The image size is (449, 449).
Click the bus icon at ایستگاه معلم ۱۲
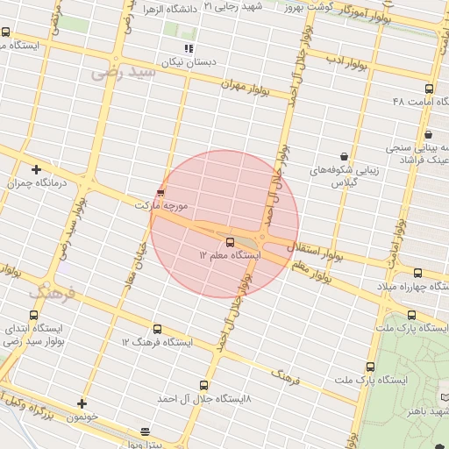tap(230, 241)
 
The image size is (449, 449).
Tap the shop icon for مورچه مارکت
tap(160, 191)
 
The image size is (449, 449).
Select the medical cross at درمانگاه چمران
tap(36, 169)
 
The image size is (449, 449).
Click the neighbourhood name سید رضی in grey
tap(123, 73)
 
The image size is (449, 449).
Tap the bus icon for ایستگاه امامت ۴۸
tap(428, 89)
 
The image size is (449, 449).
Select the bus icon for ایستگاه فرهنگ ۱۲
tap(157, 329)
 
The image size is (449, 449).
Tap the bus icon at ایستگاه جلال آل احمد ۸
tap(204, 384)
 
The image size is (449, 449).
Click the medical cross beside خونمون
tap(82, 403)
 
